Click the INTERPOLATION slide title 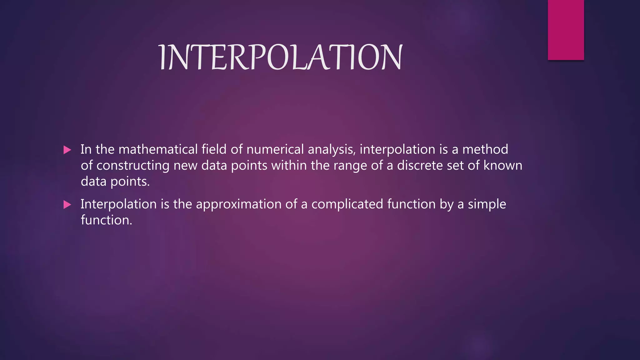[x=281, y=57]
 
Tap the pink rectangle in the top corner [x=566, y=30]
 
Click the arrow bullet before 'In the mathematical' [x=67, y=150]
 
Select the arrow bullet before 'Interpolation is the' [x=67, y=205]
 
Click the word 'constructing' [x=133, y=166]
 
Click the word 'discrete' [x=420, y=165]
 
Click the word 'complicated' [x=347, y=205]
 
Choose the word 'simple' [x=487, y=205]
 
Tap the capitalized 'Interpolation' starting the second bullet [x=119, y=204]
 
